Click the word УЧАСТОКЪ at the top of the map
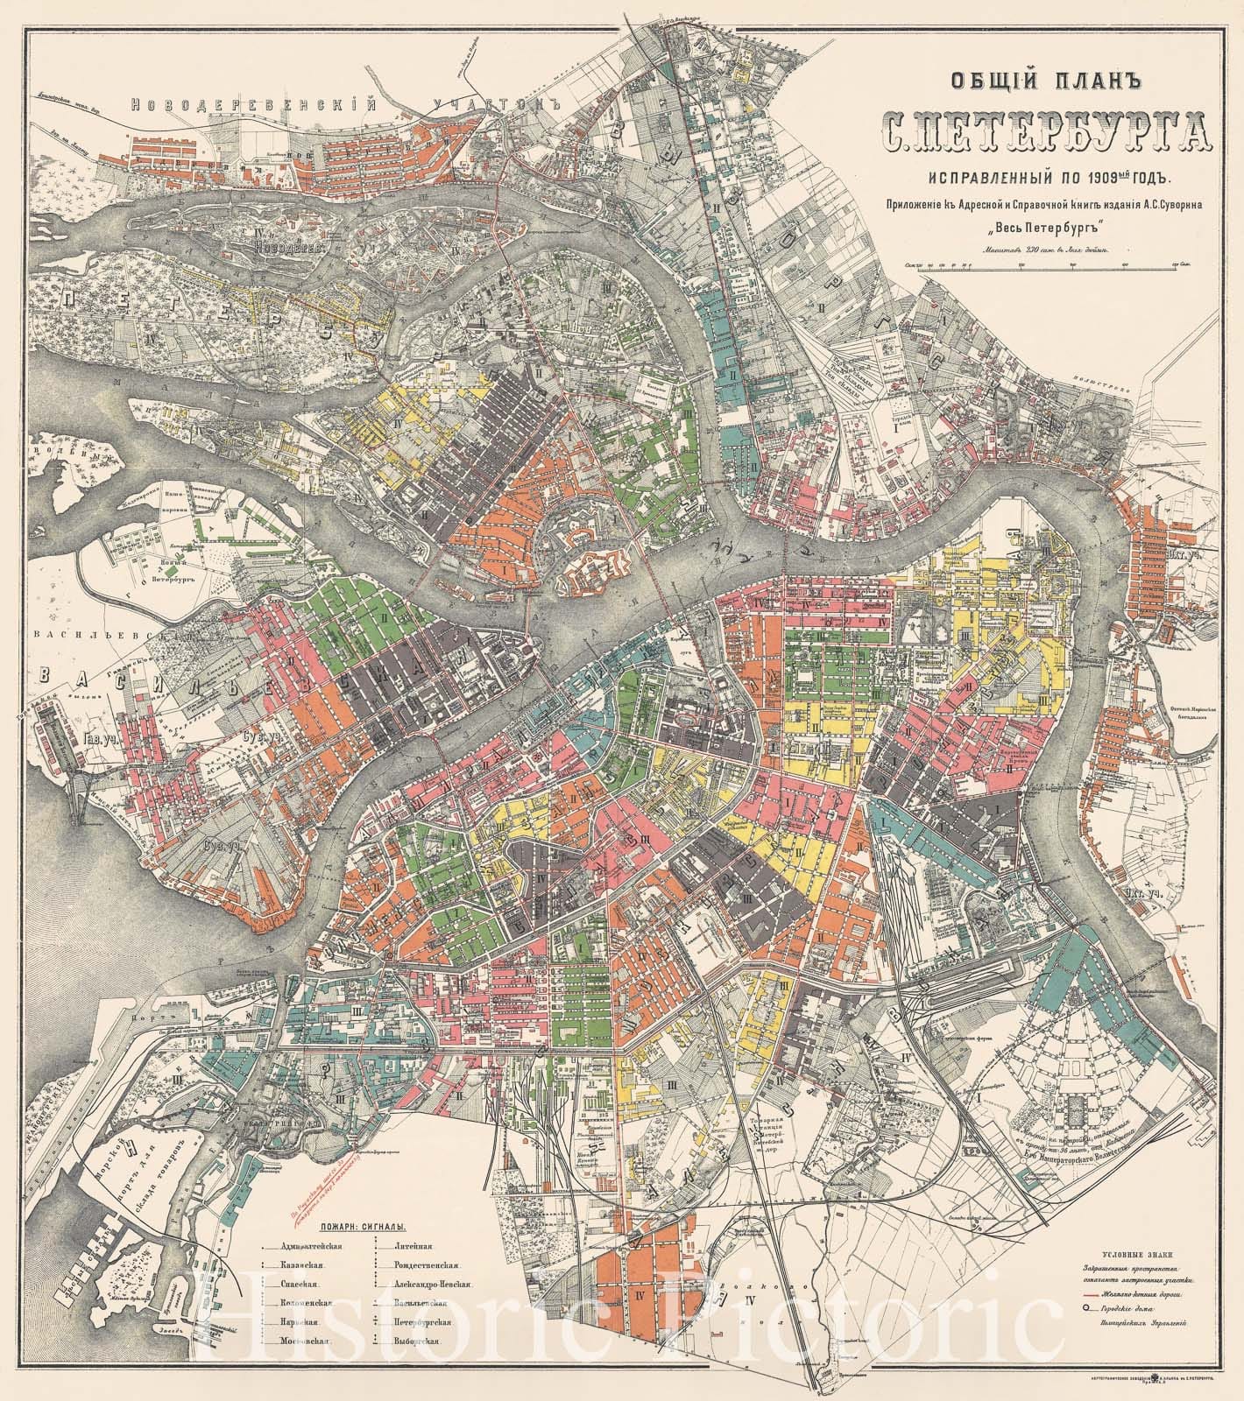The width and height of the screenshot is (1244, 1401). pyautogui.click(x=495, y=106)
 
